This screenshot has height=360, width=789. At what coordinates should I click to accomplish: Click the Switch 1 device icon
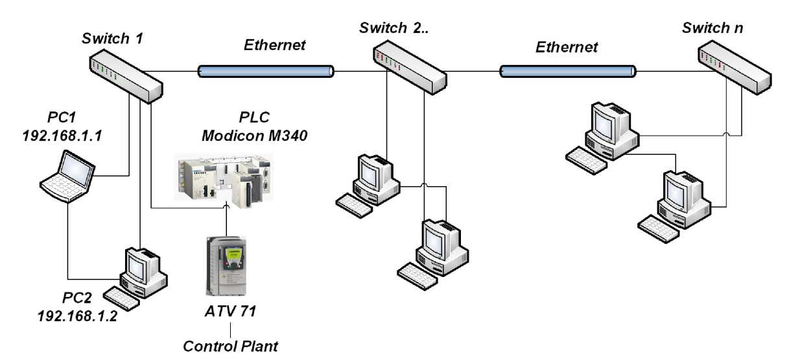(126, 77)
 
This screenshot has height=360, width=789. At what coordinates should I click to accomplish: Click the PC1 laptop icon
(68, 176)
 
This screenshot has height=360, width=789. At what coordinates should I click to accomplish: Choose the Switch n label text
(712, 28)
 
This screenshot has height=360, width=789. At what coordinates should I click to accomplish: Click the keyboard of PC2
(123, 298)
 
